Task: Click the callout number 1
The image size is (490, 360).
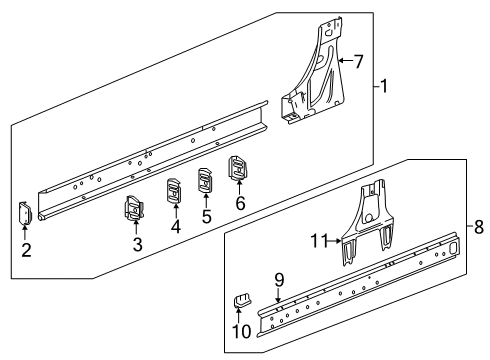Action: click(x=383, y=86)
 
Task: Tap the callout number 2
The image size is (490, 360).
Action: click(x=26, y=251)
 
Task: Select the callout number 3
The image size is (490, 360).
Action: click(x=138, y=243)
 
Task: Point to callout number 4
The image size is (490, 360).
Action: click(x=175, y=226)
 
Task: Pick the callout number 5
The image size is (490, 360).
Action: click(x=207, y=215)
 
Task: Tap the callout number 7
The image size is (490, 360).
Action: click(x=357, y=61)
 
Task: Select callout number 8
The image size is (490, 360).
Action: click(x=479, y=227)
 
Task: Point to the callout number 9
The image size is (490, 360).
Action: click(x=281, y=278)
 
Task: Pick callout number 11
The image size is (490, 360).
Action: click(x=320, y=241)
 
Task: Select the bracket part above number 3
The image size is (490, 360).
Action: click(x=134, y=206)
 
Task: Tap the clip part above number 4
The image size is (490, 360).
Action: click(x=173, y=190)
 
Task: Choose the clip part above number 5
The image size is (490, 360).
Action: click(x=207, y=179)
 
